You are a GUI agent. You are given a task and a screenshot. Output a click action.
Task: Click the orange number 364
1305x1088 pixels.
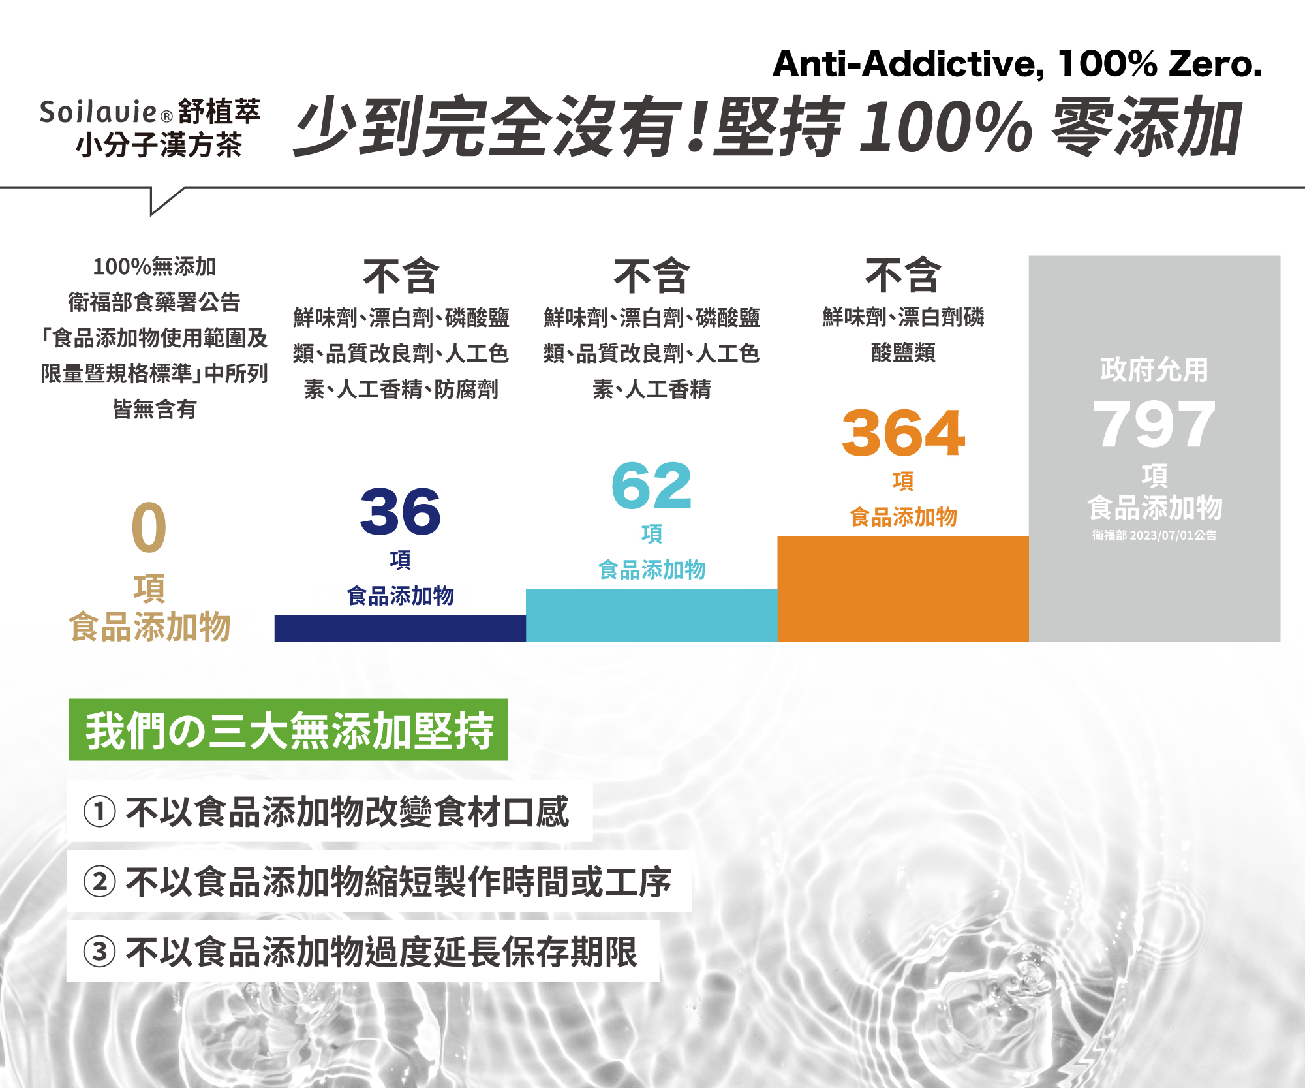(903, 433)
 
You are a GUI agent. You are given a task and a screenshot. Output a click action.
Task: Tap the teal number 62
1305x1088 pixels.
(651, 486)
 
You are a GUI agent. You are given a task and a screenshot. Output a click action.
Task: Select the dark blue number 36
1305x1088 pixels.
(400, 512)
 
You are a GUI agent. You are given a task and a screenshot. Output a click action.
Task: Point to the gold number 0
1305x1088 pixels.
(149, 527)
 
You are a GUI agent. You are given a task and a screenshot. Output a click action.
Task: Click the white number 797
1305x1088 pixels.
(1154, 424)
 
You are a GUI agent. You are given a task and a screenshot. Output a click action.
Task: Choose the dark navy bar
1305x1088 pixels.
(400, 629)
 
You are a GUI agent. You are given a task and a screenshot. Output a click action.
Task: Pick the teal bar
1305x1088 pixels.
(651, 615)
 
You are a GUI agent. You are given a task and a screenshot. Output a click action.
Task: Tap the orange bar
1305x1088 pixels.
(903, 589)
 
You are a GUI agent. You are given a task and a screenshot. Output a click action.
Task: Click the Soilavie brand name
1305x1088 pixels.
(98, 112)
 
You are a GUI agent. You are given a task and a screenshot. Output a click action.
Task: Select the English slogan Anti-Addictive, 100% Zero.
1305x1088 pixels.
(1017, 64)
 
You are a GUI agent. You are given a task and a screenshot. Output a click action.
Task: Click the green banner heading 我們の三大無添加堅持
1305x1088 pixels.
(288, 730)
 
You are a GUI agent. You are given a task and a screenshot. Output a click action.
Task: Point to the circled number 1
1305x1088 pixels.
(100, 812)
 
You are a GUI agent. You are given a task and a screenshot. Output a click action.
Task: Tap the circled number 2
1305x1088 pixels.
(100, 882)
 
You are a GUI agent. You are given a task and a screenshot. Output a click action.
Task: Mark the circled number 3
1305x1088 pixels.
(100, 952)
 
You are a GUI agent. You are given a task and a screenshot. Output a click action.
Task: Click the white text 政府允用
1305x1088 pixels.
(1154, 370)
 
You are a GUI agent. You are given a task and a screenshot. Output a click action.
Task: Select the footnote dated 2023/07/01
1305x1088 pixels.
(1154, 536)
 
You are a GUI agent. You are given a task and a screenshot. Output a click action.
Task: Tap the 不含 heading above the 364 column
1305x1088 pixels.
(903, 275)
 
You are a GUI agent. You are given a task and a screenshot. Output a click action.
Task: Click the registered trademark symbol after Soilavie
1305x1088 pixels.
(166, 117)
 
